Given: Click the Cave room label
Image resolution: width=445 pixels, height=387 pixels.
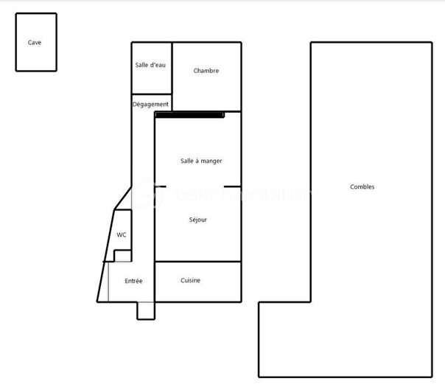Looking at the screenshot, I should pos(35,43).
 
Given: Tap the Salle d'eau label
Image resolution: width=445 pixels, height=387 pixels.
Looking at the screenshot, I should pos(150,66).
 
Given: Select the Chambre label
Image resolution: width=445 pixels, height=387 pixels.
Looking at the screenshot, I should pos(206,72).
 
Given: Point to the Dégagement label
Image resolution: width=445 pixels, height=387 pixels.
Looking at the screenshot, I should pos(150,105).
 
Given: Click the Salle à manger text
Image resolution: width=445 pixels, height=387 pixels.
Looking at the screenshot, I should pos(201,161).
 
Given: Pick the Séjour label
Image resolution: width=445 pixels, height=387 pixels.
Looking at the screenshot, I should pos(197,220).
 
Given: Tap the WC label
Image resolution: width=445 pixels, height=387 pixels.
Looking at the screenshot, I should pos(122,235).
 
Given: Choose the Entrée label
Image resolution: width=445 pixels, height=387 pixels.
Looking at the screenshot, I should pos(133,281).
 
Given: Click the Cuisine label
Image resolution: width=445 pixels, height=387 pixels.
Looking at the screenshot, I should pos(190,280).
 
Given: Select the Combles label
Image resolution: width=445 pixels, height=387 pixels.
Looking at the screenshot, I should pos(362,187).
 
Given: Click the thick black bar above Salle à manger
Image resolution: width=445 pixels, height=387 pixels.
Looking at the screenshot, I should pos(189,115).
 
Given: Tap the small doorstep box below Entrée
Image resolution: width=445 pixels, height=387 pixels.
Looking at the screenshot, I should pos(146,310).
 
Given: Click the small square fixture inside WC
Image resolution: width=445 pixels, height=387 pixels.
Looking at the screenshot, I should pos(122,255).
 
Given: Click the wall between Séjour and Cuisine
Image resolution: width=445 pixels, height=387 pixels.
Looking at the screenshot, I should pos(197,262).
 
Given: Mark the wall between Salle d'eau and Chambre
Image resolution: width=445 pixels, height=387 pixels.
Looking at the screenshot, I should pos(172,68).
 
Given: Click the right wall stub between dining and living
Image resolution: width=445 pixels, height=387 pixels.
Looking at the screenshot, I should pos(233,186).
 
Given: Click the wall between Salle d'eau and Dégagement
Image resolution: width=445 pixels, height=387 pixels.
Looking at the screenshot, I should pos(152,94).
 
